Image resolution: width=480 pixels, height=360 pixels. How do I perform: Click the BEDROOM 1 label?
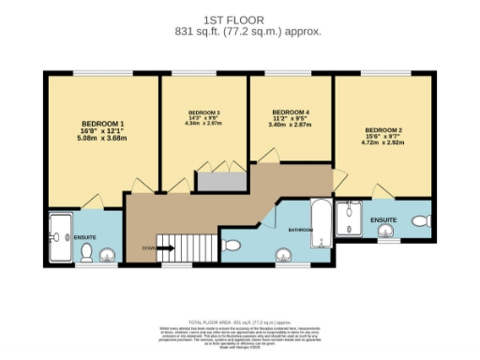click(x=103, y=124)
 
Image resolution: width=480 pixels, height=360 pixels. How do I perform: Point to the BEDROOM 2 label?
click(x=383, y=129)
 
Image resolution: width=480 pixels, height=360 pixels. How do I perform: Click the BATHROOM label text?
click(x=300, y=229)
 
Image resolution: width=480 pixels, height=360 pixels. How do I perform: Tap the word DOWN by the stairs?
click(x=149, y=248)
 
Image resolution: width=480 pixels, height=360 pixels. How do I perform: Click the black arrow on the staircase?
click(x=165, y=248)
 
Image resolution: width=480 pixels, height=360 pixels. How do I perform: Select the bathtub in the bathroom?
click(x=321, y=225)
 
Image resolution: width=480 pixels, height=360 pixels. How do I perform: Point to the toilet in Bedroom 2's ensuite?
click(x=419, y=221)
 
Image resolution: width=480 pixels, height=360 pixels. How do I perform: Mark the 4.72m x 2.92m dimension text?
click(x=383, y=144)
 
